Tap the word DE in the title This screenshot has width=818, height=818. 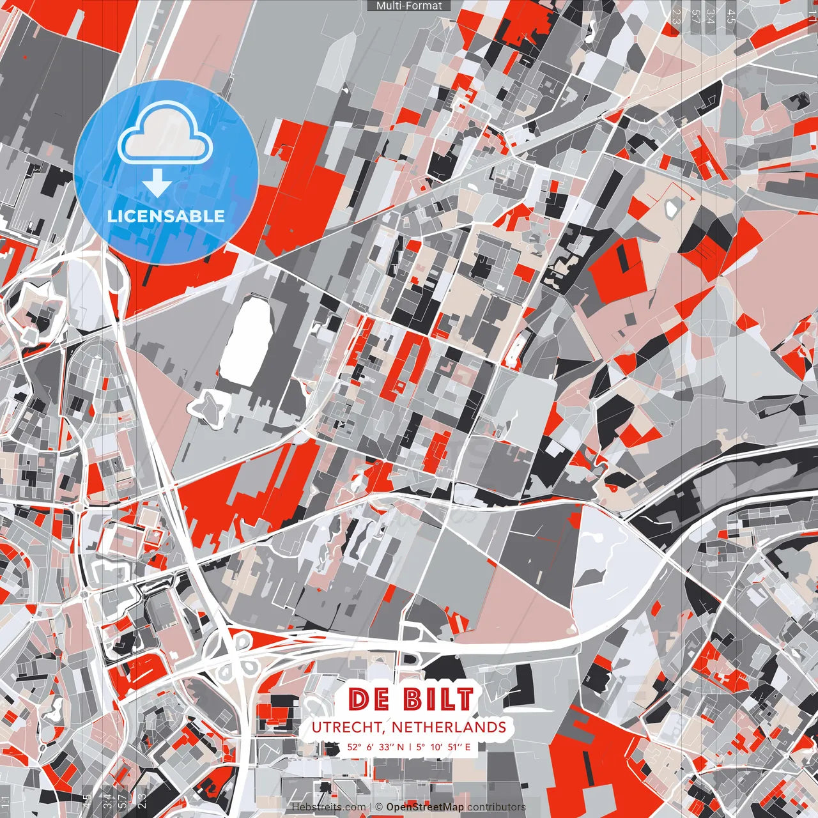pyautogui.click(x=369, y=699)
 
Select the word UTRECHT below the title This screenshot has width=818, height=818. pyautogui.click(x=348, y=727)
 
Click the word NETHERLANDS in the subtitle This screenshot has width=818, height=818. pyautogui.click(x=449, y=727)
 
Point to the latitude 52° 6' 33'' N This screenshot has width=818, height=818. pyautogui.click(x=376, y=746)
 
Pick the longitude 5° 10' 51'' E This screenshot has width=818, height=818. pyautogui.click(x=444, y=746)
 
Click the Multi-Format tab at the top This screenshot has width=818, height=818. pyautogui.click(x=409, y=6)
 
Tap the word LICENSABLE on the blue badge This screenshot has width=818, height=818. pyautogui.click(x=166, y=216)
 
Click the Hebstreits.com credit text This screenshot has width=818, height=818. pyautogui.click(x=328, y=807)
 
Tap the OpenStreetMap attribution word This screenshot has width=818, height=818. pyautogui.click(x=425, y=807)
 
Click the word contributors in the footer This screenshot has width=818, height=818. pyautogui.click(x=496, y=807)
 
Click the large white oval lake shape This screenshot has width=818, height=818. pyautogui.click(x=247, y=339)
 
